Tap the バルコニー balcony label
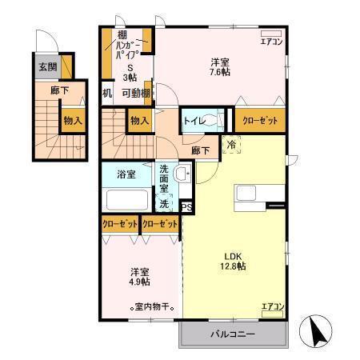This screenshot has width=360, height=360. tap(232, 333)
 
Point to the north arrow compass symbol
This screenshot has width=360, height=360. tap(314, 330)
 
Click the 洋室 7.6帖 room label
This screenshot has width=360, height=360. tap(222, 67)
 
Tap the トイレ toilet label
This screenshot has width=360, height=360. tap(194, 120)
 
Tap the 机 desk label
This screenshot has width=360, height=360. tap(106, 92)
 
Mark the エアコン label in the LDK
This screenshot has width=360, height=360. tap(273, 306)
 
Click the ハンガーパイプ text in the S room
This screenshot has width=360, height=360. tap(128, 50)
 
